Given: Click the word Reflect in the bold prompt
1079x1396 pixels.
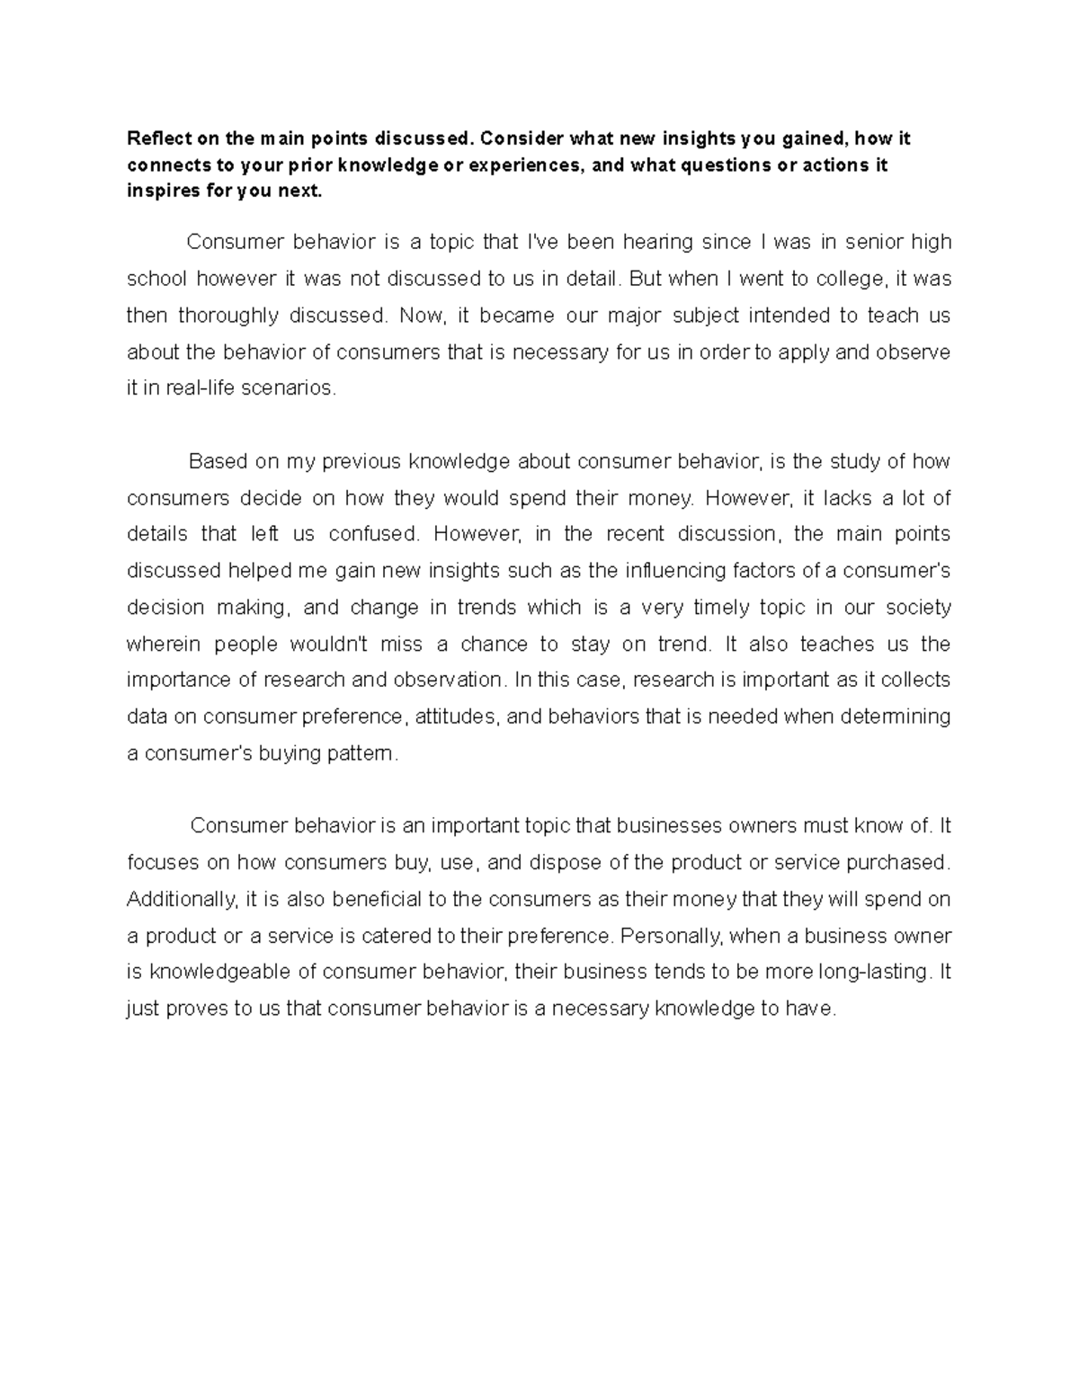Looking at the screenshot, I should [155, 138].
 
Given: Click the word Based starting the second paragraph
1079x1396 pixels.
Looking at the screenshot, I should [216, 462].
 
